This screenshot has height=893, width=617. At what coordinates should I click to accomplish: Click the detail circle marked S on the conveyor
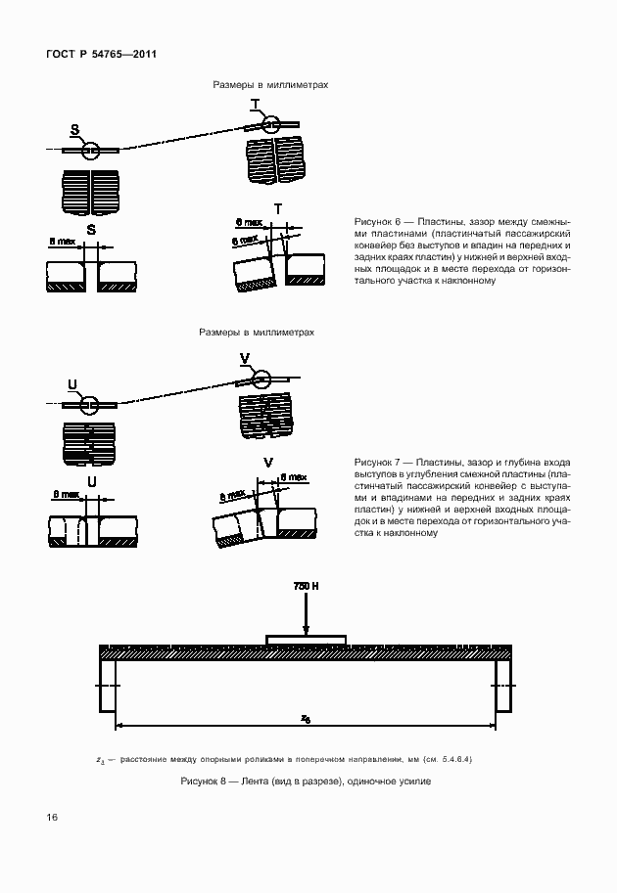[90, 150]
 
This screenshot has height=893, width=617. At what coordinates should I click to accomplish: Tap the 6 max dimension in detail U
[65, 496]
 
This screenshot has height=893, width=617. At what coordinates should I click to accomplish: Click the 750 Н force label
[307, 586]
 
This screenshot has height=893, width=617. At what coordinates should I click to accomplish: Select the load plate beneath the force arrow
[307, 641]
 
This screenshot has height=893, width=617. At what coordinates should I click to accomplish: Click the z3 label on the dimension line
[306, 718]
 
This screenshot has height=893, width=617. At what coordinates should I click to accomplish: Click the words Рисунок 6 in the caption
[376, 222]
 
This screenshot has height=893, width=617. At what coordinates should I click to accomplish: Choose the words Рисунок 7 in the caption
[376, 461]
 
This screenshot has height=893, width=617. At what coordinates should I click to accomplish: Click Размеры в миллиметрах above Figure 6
[270, 85]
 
